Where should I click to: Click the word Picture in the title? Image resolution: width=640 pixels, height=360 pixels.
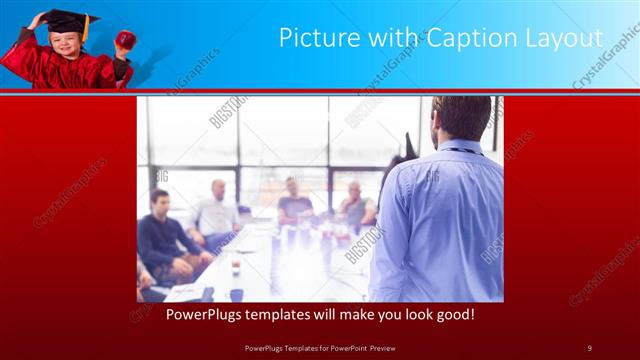point(312,38)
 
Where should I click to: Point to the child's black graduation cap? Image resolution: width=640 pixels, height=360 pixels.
point(61,18)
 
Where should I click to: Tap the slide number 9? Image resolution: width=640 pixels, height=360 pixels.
point(589,348)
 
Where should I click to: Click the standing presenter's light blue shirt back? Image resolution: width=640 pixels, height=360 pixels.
point(440,220)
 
